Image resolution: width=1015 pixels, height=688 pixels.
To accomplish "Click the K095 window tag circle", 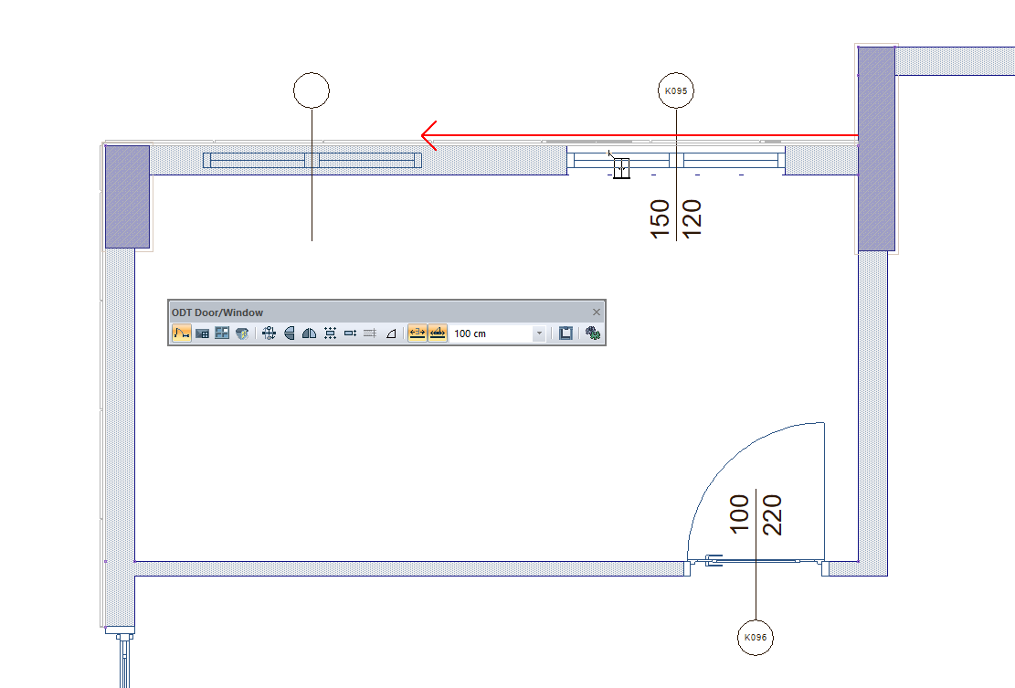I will pos(676,90).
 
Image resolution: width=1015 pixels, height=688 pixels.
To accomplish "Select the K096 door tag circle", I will pos(756,639).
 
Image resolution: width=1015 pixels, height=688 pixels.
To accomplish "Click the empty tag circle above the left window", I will pos(312,90).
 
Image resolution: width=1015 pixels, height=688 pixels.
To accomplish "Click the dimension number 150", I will pos(661,220).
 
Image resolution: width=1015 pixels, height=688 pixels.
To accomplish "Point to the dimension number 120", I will pos(692,220).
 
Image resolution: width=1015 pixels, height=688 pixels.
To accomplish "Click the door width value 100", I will pos(740,513).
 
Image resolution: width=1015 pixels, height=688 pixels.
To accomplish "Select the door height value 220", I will pos(772,513).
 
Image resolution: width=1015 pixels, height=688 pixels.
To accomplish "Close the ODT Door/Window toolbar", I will pos(597,312).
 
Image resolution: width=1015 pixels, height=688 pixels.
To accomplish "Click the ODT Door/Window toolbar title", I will pos(217,312).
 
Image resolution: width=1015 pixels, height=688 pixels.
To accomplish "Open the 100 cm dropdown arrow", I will pos(539,334).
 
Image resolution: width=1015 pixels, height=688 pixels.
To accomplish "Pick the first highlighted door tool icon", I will pos(181,334).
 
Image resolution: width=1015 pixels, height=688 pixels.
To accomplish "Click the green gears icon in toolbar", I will pos(593,334).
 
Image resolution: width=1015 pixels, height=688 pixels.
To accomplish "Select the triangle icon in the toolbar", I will pos(391,334).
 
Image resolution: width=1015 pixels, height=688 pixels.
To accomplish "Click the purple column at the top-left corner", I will pos(127,196).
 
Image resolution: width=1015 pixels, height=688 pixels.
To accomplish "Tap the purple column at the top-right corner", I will pos(876,148).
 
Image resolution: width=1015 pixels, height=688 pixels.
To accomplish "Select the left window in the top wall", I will pos(312,161).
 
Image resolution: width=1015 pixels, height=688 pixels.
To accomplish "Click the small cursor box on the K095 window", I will pos(622,169).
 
